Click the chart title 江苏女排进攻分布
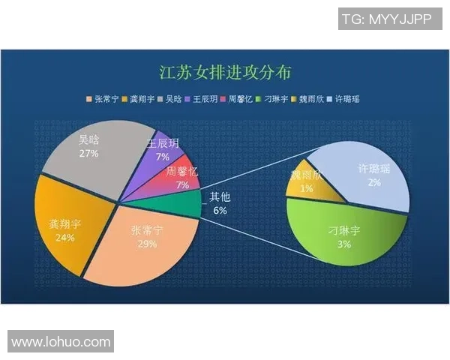tap(225, 73)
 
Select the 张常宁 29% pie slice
tap(147, 240)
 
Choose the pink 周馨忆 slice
tap(181, 178)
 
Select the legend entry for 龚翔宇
tap(141, 98)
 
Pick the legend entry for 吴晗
tap(172, 98)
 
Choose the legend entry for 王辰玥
tap(203, 98)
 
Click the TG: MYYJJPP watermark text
tap(386, 19)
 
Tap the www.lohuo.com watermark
tap(61, 342)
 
